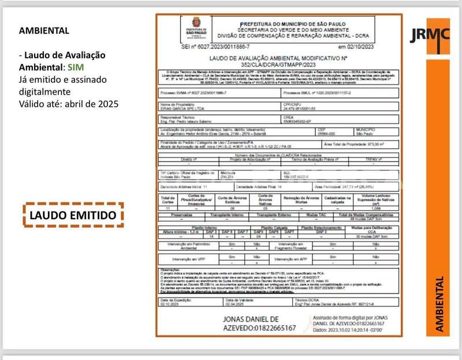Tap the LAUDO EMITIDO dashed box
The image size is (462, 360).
point(73,215)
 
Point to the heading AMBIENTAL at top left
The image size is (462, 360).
point(44,31)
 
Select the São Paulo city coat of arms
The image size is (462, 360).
point(195,27)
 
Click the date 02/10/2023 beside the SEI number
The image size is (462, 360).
point(358,46)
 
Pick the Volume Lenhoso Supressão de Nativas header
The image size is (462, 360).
point(368,200)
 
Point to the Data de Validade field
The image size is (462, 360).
point(240,302)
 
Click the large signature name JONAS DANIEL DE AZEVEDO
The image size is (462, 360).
point(259,323)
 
